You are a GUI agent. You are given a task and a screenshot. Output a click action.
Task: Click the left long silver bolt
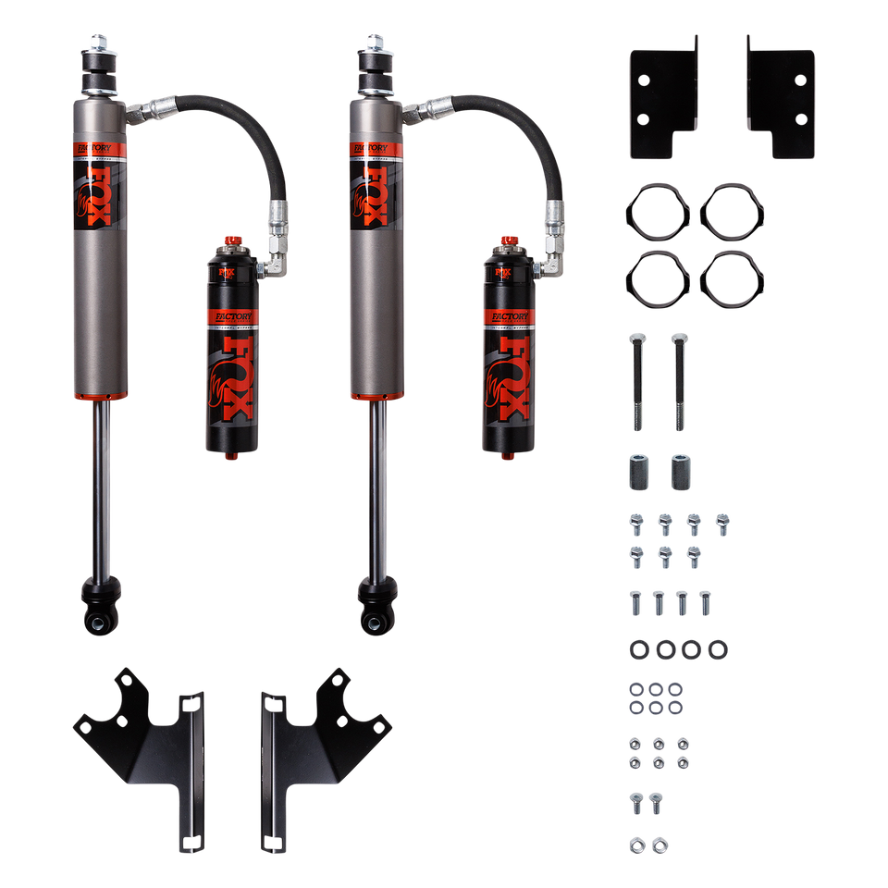pos(636,381)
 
